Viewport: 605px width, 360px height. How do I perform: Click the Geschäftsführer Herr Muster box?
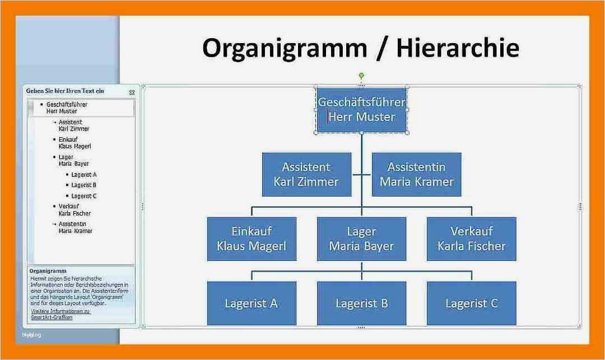tap(361, 110)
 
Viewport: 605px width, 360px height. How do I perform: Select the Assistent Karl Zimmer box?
tap(306, 174)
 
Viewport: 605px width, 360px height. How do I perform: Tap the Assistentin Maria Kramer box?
tap(416, 174)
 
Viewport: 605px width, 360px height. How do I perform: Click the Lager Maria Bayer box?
tap(361, 239)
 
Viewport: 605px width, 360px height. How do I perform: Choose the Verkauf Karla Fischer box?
tap(471, 239)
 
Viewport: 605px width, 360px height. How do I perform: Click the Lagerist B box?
tap(361, 303)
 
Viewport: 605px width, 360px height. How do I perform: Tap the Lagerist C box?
tap(471, 303)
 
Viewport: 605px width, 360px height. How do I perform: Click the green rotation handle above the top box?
tap(361, 75)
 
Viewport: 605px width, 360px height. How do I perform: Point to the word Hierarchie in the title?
tap(457, 48)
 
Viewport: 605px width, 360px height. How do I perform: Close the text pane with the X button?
tap(132, 92)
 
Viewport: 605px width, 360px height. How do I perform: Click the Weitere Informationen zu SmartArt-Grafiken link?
tap(61, 314)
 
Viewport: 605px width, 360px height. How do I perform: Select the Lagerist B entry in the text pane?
tap(83, 185)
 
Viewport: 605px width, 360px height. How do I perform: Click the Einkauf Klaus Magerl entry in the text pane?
tap(75, 143)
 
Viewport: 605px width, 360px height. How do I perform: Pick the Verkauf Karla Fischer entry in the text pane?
tap(75, 210)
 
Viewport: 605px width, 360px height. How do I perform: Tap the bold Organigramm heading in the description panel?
tap(49, 271)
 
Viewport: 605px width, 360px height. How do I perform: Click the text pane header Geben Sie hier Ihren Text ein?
tap(65, 91)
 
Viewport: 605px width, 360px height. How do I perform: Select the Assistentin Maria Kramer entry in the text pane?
tap(75, 227)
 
